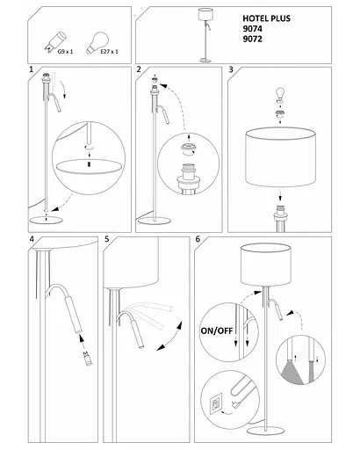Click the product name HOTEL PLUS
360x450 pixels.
tap(266, 18)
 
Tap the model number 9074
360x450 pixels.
tap(252, 29)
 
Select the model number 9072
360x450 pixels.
tap(252, 39)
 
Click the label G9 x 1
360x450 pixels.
tap(65, 52)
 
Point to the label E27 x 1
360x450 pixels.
tap(109, 52)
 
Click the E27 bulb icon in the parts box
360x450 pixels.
tap(97, 43)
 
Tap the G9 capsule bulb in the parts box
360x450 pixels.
tap(55, 41)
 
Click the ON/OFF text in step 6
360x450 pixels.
tap(217, 330)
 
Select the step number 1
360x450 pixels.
tap(32, 69)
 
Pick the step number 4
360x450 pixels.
tap(32, 239)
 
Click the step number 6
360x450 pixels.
tap(198, 239)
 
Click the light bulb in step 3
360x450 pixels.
tap(280, 93)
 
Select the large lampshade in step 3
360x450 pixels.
tap(280, 157)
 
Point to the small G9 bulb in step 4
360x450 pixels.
tap(87, 358)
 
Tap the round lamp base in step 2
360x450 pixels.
tap(154, 221)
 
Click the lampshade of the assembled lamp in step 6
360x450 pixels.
tap(266, 265)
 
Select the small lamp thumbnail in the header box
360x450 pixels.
tap(205, 35)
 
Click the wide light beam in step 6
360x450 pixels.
tap(292, 373)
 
